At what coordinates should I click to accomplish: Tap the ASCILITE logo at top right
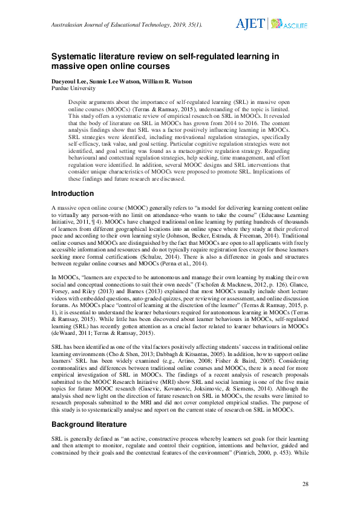tap(289, 25)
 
